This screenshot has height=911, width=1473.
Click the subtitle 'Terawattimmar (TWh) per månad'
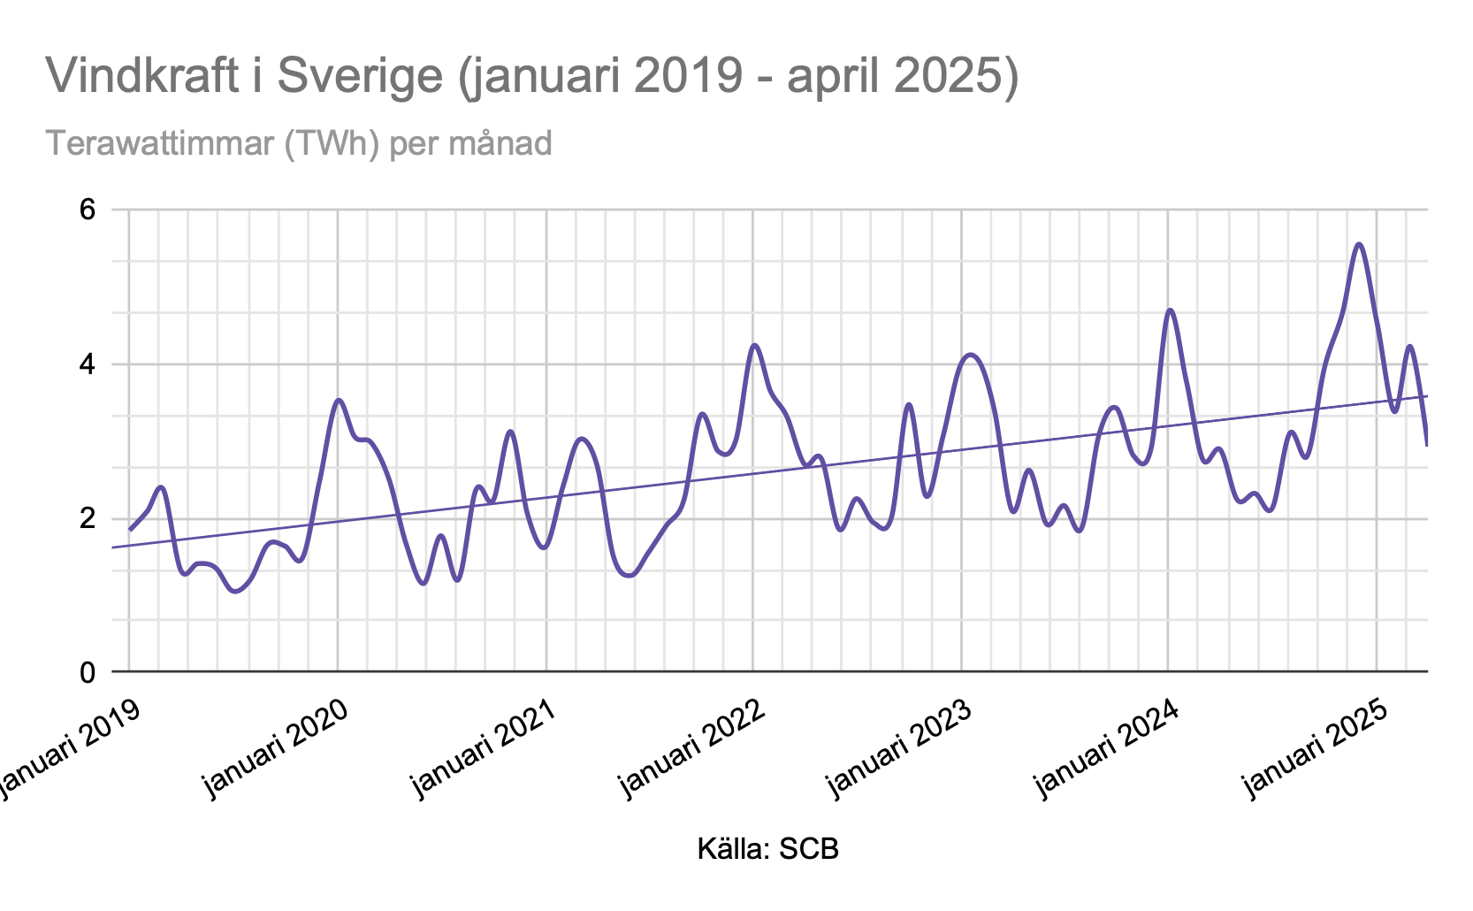pyautogui.click(x=298, y=142)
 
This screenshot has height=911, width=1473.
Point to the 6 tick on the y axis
pyautogui.click(x=87, y=211)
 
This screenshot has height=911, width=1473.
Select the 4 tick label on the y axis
pyautogui.click(x=87, y=364)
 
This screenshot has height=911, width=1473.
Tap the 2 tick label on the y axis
pyautogui.click(x=87, y=518)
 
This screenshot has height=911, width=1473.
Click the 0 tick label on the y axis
pyautogui.click(x=87, y=672)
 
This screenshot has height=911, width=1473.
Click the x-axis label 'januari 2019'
pyautogui.click(x=68, y=747)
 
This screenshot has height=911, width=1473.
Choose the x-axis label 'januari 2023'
pyautogui.click(x=898, y=747)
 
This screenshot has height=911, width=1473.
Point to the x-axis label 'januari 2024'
pyautogui.click(x=1106, y=747)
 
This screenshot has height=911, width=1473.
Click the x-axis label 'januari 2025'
pyautogui.click(x=1315, y=747)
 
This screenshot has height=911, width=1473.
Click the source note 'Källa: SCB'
pyautogui.click(x=767, y=849)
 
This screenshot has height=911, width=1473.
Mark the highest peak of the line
pyautogui.click(x=1359, y=245)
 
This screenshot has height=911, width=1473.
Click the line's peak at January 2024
pyautogui.click(x=1170, y=310)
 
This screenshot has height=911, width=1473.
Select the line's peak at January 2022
pyautogui.click(x=754, y=345)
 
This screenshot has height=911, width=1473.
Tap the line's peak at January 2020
pyautogui.click(x=340, y=400)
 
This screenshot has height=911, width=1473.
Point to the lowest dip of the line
pyautogui.click(x=235, y=591)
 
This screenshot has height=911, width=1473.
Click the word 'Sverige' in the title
pyautogui.click(x=359, y=75)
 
